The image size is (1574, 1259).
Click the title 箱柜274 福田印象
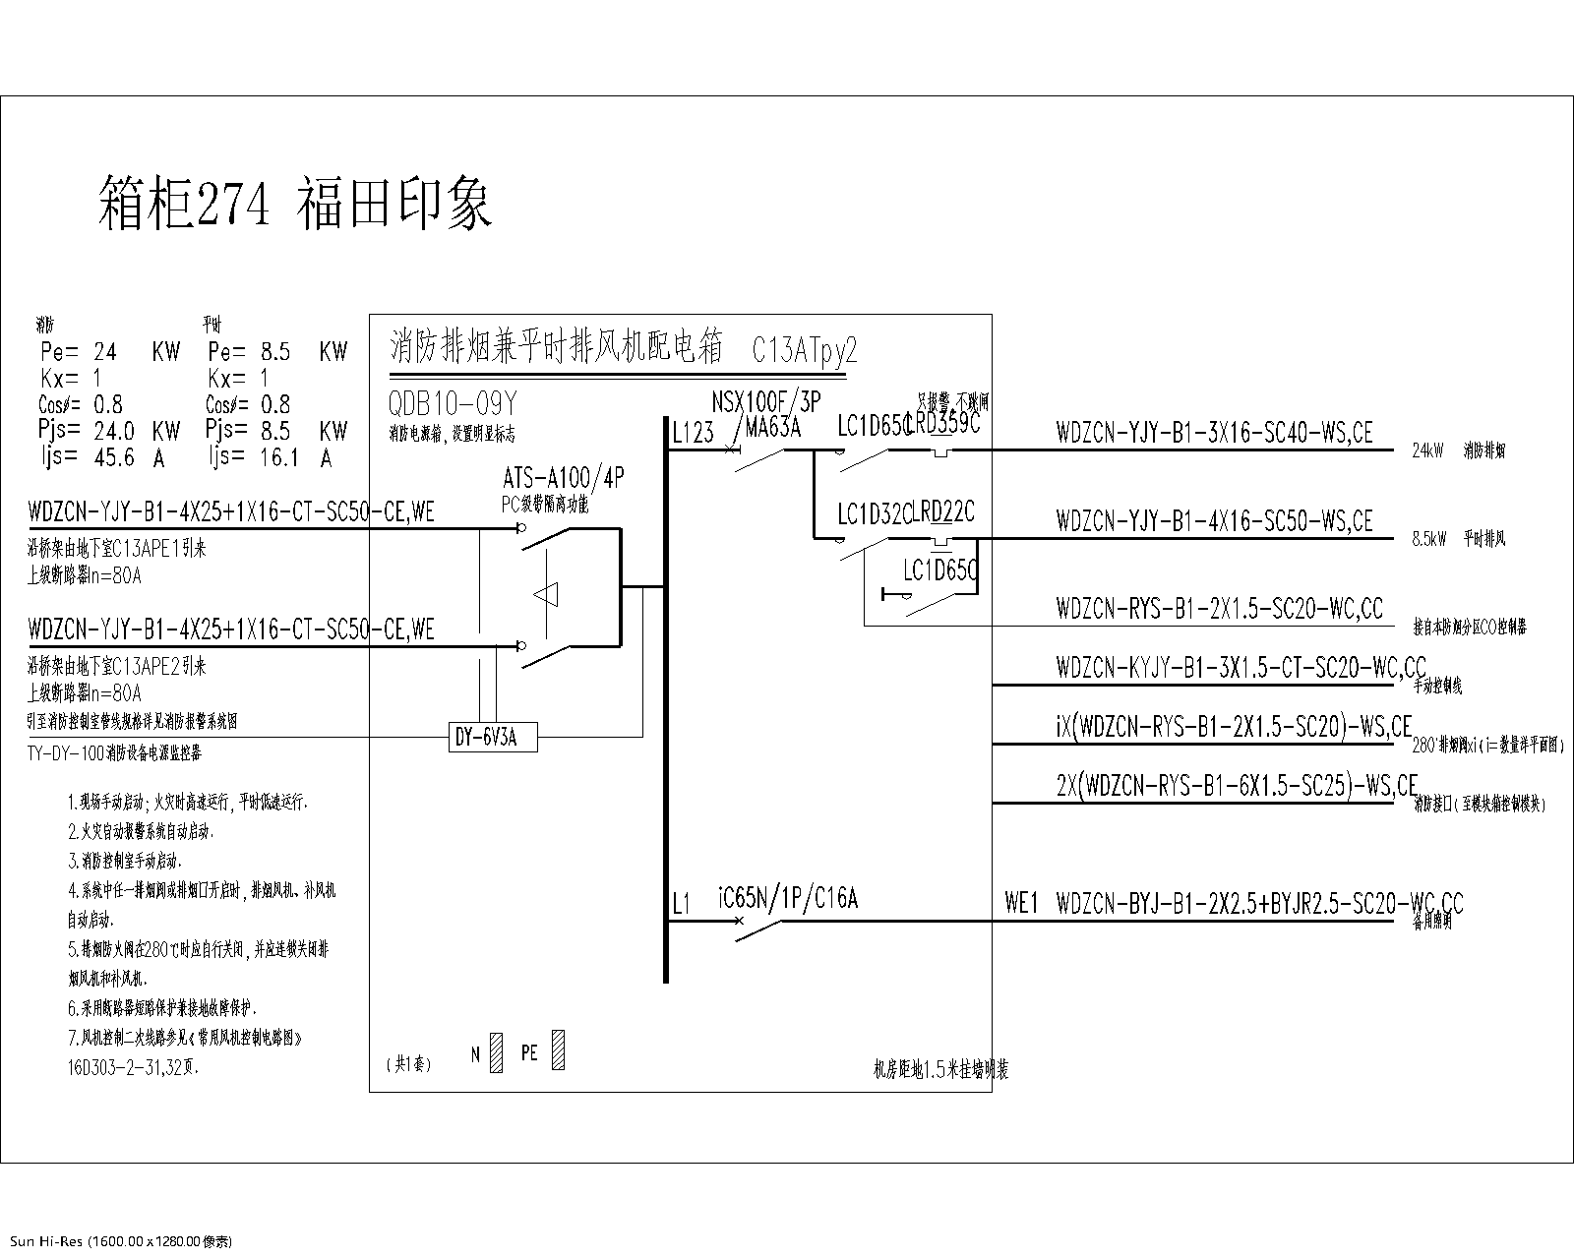(x=295, y=204)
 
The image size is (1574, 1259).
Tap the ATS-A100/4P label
(x=563, y=479)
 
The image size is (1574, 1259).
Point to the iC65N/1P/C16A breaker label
(x=788, y=899)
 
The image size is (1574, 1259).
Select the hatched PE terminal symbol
(x=559, y=1049)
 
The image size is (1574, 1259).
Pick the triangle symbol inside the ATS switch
(x=546, y=594)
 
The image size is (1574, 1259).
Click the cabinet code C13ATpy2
(x=805, y=350)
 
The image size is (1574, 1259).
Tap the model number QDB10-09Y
(x=454, y=404)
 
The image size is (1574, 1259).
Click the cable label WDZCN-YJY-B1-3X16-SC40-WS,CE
(x=1214, y=433)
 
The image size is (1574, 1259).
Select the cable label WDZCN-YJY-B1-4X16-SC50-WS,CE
(x=1214, y=520)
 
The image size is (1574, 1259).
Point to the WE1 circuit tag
(x=1021, y=903)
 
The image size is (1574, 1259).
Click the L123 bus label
(x=694, y=433)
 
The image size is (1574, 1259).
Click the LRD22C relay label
(x=942, y=512)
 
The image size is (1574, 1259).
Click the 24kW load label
(x=1427, y=451)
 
